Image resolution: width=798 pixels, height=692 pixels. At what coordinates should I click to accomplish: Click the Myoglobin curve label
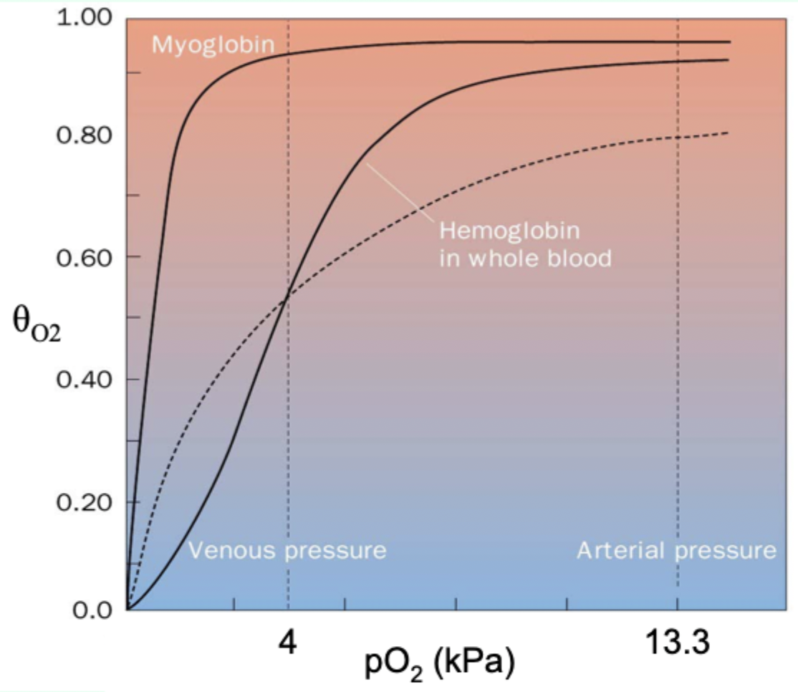[x=213, y=46]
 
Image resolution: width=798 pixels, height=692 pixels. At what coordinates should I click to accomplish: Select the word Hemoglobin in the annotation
[x=509, y=231]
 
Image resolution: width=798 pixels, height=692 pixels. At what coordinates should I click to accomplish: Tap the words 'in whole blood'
[x=525, y=258]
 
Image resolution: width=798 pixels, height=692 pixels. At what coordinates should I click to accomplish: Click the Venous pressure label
[x=287, y=551]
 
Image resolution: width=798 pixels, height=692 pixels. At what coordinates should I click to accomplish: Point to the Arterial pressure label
[x=676, y=551]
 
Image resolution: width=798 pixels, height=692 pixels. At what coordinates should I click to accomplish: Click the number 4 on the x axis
[x=288, y=643]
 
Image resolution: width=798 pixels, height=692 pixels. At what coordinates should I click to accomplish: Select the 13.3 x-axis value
[x=677, y=643]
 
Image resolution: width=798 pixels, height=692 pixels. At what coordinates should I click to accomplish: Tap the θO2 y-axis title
[x=36, y=322]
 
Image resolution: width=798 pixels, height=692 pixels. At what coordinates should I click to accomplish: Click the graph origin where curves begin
[x=128, y=610]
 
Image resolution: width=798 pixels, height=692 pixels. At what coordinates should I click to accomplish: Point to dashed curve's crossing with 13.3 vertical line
[x=678, y=137]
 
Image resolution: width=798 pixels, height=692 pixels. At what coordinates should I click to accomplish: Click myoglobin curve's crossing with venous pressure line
[x=288, y=54]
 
